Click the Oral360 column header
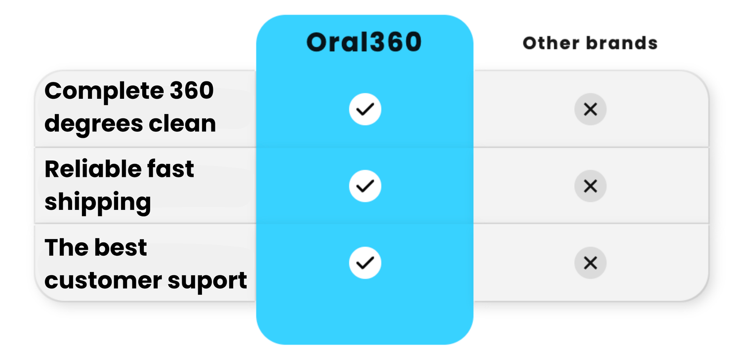pos(364,42)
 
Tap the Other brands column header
pos(590,43)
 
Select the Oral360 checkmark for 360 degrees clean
pos(365,109)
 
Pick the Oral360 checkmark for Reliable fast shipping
pos(365,186)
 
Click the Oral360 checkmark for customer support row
pos(365,263)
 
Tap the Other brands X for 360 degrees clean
pos(590,109)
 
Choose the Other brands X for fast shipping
pos(590,186)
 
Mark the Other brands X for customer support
pos(590,263)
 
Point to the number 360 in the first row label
pos(192,90)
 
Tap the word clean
pos(182,123)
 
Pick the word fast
pos(170,168)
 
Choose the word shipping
pos(98,203)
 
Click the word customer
pos(103,280)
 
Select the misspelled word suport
pos(207,281)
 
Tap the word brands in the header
pos(622,43)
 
